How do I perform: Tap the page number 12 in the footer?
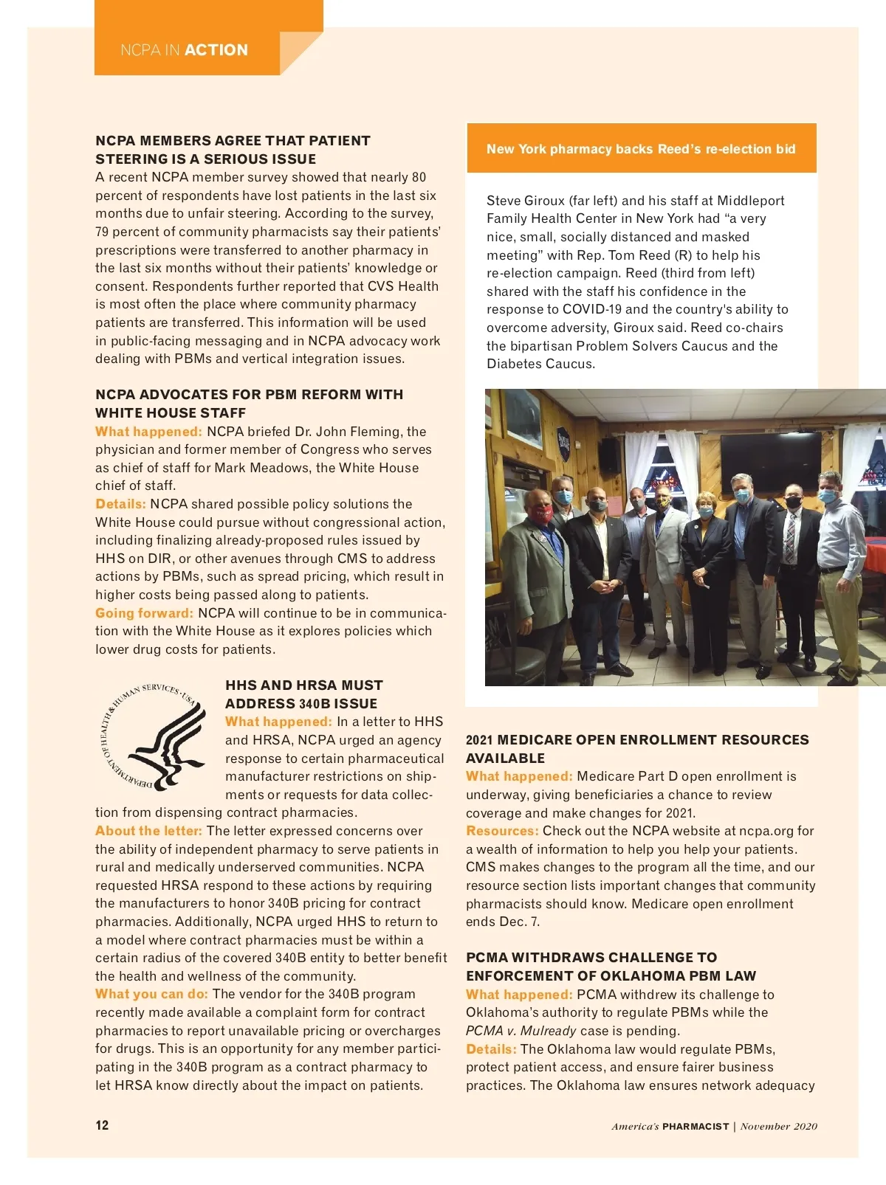coord(102,1125)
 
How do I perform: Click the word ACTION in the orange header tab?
coord(216,50)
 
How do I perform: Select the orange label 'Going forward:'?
coord(144,613)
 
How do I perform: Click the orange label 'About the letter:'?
coord(148,831)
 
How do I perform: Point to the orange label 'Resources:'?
coord(502,831)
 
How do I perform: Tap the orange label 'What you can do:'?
coord(151,994)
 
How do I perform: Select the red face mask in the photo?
coord(543,514)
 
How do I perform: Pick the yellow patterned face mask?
coord(664,502)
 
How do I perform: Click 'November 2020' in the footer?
coord(779,1126)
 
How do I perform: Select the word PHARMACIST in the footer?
coord(696,1126)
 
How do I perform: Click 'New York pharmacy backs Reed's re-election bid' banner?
coord(641,149)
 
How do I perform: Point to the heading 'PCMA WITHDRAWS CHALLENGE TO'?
coord(591,958)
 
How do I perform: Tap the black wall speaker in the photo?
coord(610,455)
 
